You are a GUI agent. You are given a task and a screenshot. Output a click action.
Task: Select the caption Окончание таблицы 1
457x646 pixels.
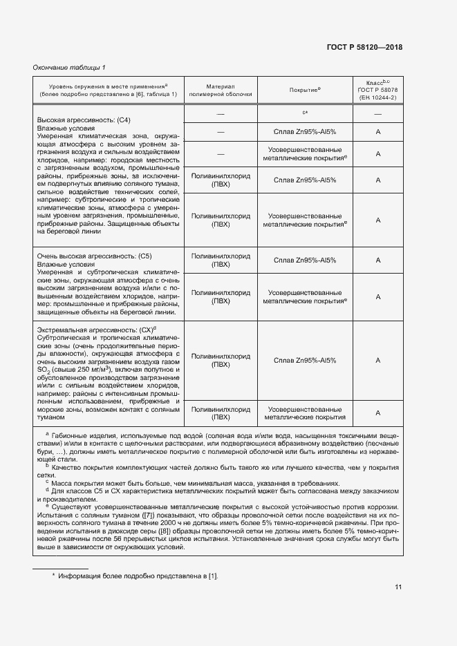(69, 67)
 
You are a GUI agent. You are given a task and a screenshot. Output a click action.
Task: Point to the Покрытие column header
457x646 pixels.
(304, 91)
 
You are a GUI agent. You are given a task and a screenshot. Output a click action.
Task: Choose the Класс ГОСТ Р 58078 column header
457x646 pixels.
(378, 91)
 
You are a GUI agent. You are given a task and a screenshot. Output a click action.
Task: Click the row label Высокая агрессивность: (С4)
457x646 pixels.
(77, 120)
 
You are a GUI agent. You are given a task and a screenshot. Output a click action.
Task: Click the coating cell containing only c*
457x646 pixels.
(304, 113)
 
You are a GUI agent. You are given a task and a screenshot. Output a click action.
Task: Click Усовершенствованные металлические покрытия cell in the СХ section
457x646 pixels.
(304, 412)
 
